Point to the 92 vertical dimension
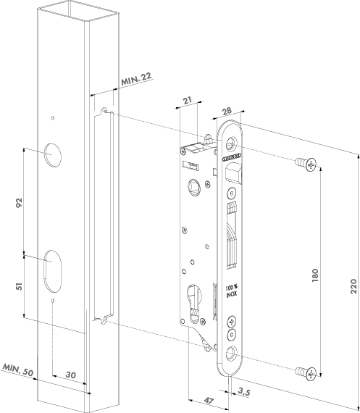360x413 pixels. point(20,201)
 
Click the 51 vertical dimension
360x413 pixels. point(20,285)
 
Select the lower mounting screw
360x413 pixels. point(306,372)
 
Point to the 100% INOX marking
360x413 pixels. point(231,290)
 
